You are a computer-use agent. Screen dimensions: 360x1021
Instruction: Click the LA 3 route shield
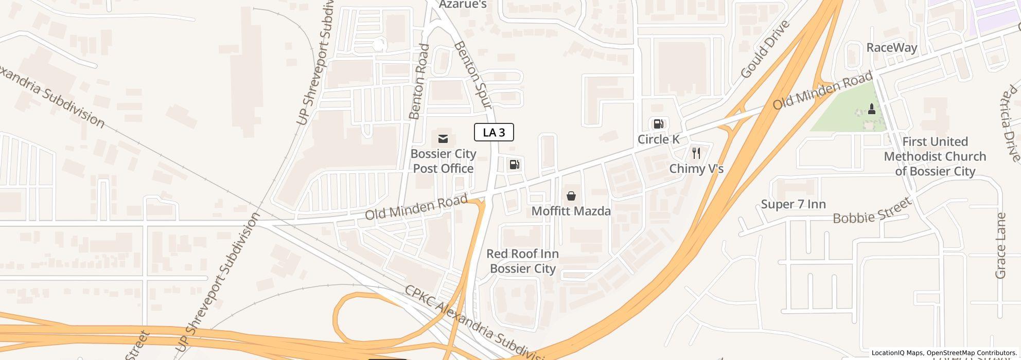tap(494, 132)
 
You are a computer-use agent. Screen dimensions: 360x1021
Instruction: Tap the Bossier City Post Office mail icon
tap(443, 139)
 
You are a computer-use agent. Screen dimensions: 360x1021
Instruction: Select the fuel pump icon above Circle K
tap(658, 124)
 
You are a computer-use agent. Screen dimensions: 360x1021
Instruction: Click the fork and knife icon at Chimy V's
tap(696, 153)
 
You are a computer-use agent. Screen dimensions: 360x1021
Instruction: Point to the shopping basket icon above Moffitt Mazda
tap(571, 196)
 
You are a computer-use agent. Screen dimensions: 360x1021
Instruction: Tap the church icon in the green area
tap(871, 109)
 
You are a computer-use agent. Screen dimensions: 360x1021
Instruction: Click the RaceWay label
tap(892, 48)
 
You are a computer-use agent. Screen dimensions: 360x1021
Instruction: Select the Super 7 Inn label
tap(793, 204)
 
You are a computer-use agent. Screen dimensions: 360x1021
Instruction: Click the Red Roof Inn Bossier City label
tap(522, 261)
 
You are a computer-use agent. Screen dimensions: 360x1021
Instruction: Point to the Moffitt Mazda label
tap(571, 211)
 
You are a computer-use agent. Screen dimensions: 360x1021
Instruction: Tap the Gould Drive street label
tap(765, 49)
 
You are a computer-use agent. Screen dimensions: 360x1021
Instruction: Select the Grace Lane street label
tap(1000, 246)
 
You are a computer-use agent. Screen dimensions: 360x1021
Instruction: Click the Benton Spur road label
tap(473, 75)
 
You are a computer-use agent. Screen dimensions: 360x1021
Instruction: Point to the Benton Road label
tap(419, 81)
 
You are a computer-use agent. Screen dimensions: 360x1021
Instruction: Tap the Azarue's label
tap(462, 5)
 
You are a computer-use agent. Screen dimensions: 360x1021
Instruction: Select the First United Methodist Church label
tap(935, 156)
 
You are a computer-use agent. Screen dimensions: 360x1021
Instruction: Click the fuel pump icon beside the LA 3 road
tap(514, 165)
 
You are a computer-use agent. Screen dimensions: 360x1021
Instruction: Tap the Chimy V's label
tap(696, 169)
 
